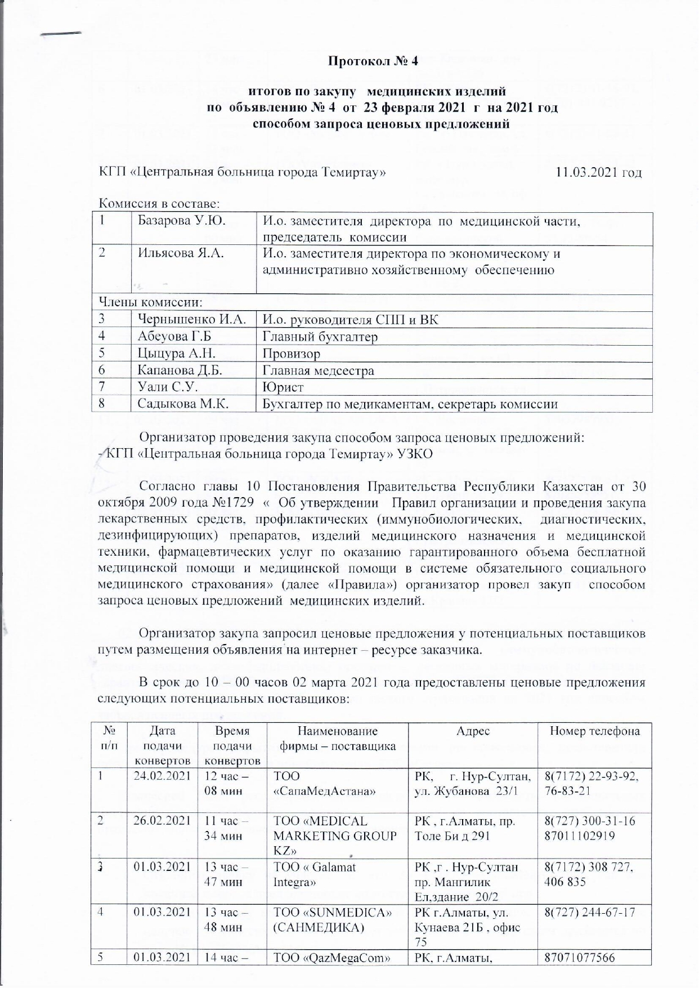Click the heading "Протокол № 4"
tap(373, 61)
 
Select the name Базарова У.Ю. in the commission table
tap(182, 221)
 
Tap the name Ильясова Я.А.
tap(181, 253)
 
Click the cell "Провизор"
tap(292, 354)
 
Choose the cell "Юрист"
tap(283, 387)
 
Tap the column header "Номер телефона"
tap(594, 731)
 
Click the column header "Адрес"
tap(473, 731)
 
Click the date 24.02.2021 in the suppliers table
tap(163, 776)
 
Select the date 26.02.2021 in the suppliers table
tap(163, 821)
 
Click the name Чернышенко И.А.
tap(192, 320)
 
